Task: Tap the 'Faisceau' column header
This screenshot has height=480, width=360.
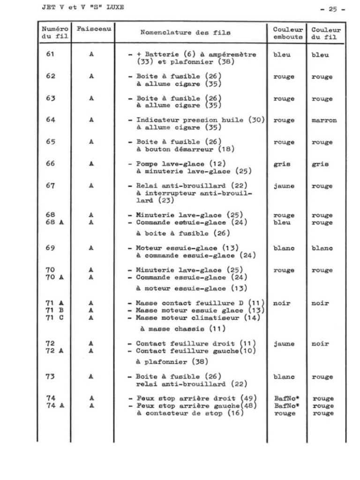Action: [x=94, y=29]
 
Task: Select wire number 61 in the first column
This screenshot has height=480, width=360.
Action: [x=50, y=54]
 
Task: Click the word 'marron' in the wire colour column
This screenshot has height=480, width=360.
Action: [x=324, y=120]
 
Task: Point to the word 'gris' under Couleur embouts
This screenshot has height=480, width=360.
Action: [x=282, y=164]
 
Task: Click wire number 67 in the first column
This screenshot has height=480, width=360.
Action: [x=50, y=186]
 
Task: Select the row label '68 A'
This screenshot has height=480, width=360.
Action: [x=55, y=222]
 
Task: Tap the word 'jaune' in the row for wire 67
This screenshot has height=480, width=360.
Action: [x=284, y=186]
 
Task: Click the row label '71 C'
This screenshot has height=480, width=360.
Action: [x=55, y=318]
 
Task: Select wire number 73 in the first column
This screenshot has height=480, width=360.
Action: [x=50, y=376]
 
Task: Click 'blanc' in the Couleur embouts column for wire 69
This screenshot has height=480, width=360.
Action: [x=284, y=248]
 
